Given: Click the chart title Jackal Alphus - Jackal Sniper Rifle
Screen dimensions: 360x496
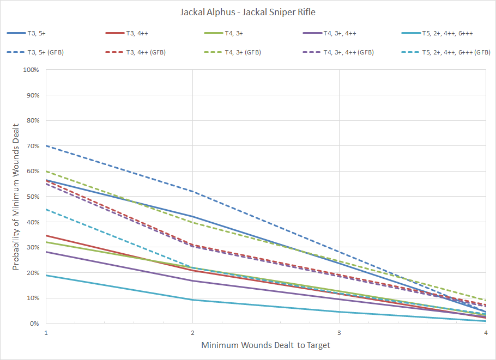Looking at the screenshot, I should tap(247, 11).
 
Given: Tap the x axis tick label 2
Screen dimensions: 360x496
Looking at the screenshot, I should tap(193, 332).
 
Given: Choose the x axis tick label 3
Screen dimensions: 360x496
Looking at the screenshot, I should tap(340, 332).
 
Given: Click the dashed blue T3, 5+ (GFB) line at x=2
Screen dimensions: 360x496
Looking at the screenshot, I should tap(193, 191).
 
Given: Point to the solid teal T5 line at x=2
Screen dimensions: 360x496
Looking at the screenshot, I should tap(193, 300).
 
